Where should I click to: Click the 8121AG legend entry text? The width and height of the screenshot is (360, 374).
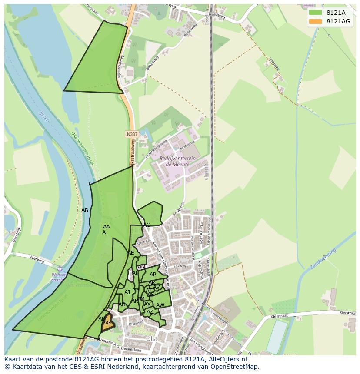[339, 21]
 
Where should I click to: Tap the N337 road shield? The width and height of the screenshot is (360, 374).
[132, 134]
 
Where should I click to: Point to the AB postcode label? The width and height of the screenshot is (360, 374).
[85, 210]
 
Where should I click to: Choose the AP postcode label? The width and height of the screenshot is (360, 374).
[153, 275]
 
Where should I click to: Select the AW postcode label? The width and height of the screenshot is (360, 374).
[160, 305]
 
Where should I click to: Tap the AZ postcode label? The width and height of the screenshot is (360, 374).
[150, 312]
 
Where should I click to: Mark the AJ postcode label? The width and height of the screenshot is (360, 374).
[127, 292]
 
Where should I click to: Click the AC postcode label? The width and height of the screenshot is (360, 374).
[147, 225]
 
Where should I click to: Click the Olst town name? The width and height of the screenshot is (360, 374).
[151, 338]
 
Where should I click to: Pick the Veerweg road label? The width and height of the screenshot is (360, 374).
[38, 257]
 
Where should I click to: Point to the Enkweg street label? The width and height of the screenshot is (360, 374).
[180, 266]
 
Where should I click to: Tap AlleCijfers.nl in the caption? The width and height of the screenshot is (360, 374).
[227, 359]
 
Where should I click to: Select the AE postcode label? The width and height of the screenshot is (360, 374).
[131, 253]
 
